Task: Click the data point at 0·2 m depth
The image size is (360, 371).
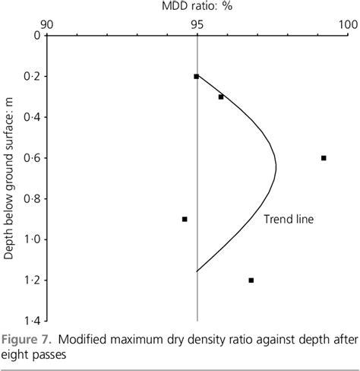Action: [x=196, y=76]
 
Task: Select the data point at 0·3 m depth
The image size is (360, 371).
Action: [x=221, y=97]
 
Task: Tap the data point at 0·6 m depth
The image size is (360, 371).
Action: [x=324, y=158]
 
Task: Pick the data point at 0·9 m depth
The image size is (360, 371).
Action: [x=185, y=219]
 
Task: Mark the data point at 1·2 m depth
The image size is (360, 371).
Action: [x=251, y=281]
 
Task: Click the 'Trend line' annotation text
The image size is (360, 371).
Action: [x=289, y=219]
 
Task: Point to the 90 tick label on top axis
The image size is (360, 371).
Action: [x=46, y=24]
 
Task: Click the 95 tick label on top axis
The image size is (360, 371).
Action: [x=197, y=24]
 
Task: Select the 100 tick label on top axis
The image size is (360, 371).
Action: [x=346, y=24]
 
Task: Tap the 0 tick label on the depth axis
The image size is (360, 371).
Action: [x=36, y=36]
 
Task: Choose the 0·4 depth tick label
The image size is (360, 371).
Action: [x=32, y=117]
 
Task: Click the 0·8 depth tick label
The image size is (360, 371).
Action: [x=32, y=199]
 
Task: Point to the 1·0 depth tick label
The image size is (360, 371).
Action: [x=32, y=239]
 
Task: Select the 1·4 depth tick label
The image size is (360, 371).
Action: [x=32, y=322]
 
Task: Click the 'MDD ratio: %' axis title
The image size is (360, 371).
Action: [x=196, y=8]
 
